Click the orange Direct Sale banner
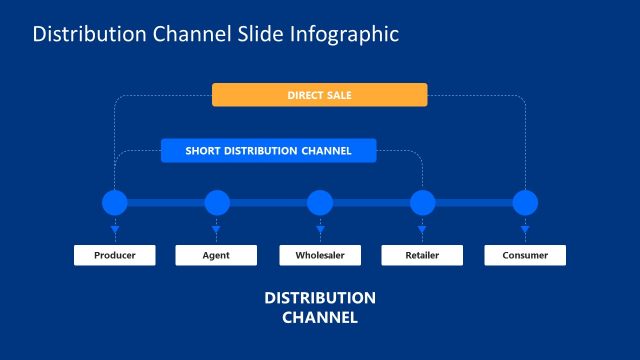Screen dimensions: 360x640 point(319,95)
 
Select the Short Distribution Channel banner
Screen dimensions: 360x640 point(268,151)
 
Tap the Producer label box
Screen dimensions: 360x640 point(115,255)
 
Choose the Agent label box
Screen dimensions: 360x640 point(216,255)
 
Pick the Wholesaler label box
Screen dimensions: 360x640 point(320,255)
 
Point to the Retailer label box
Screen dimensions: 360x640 point(422,255)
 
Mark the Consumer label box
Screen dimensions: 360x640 point(525,255)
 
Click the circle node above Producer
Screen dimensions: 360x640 point(115,203)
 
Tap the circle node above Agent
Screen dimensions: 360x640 point(217,203)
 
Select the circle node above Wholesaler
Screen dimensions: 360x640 point(320,203)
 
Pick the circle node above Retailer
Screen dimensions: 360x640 point(423,203)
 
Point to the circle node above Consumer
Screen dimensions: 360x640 point(525,203)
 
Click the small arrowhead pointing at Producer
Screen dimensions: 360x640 point(115,231)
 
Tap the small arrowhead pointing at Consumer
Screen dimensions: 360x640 point(525,231)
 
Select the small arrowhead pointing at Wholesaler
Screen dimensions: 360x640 point(320,231)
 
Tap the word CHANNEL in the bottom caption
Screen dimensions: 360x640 point(320,318)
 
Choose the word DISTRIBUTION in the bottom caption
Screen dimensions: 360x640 point(320,299)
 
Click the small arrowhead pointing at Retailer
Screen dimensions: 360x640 point(423,231)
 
